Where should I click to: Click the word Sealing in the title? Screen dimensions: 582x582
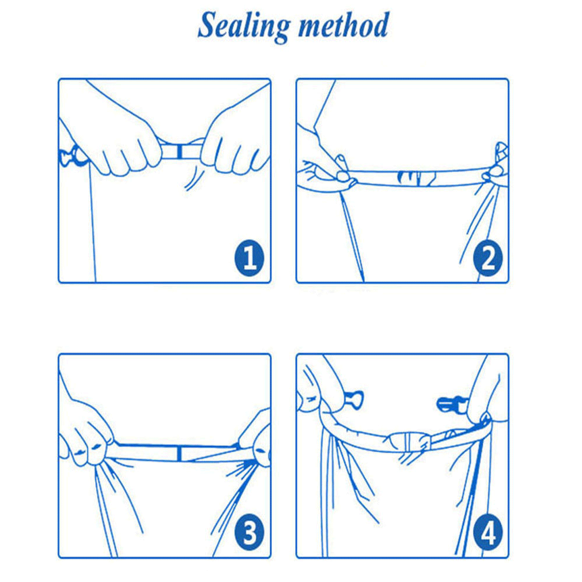(243, 26)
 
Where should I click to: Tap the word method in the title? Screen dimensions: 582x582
(343, 25)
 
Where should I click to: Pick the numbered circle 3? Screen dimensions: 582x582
(250, 533)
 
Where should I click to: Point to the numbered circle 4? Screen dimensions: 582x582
(487, 533)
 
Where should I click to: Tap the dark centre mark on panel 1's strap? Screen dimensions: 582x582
(179, 152)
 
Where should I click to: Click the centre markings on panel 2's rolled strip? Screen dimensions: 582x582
(415, 177)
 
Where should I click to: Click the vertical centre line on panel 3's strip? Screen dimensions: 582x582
(179, 453)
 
